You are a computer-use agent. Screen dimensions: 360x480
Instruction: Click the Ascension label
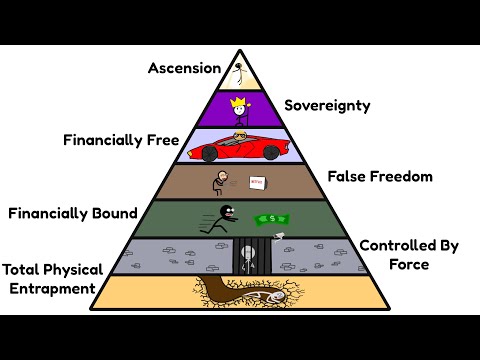click(183, 68)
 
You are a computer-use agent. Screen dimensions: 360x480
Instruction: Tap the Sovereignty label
click(328, 105)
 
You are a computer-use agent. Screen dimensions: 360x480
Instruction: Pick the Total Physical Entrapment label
click(50, 280)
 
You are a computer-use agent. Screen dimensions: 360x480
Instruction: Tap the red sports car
click(240, 150)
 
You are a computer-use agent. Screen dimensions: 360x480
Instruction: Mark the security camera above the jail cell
click(279, 236)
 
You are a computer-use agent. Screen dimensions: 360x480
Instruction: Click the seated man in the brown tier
click(221, 182)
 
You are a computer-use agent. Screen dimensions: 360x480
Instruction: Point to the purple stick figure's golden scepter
click(253, 111)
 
